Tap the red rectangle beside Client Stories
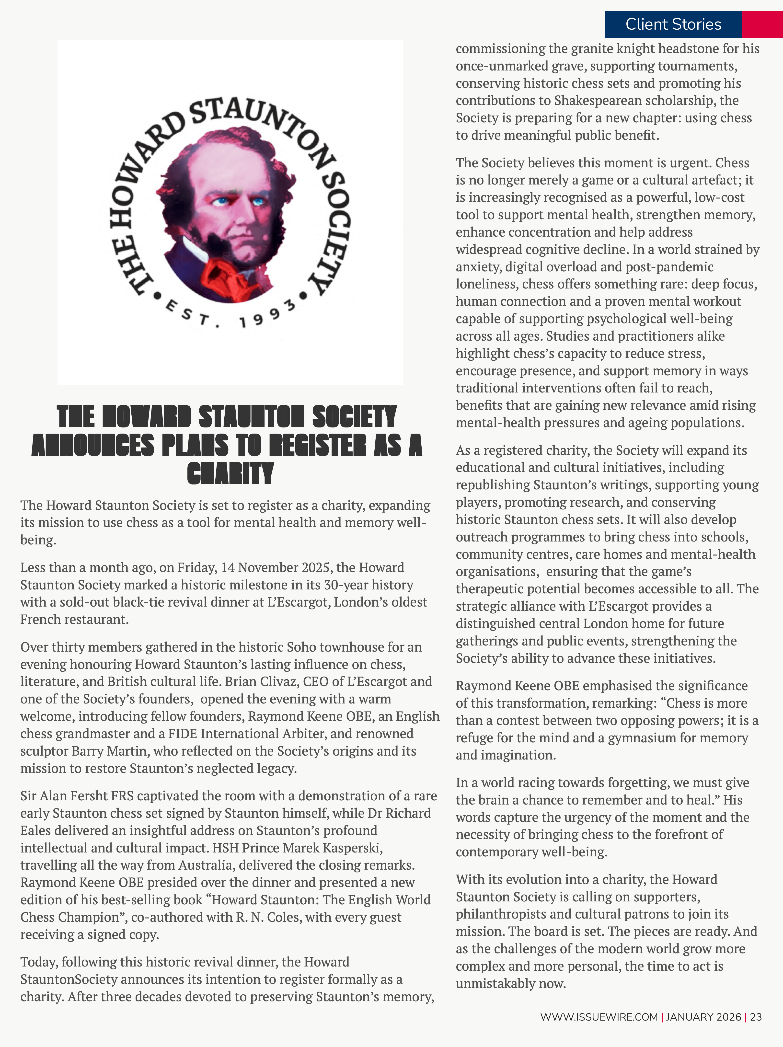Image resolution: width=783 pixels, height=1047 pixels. click(x=762, y=24)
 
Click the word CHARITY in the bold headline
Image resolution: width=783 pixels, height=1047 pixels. click(x=230, y=473)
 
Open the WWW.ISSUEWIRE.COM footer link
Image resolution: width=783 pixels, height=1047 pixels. click(x=599, y=1017)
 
